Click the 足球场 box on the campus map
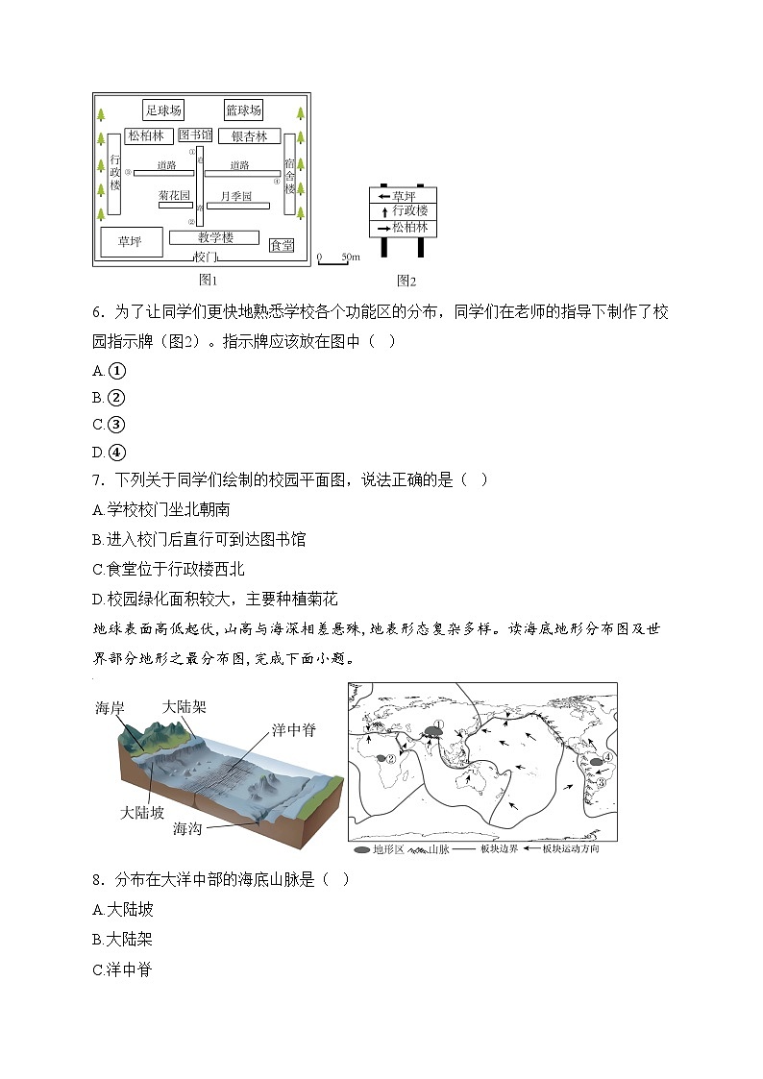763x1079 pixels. coord(163,110)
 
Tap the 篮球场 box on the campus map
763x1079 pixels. coord(243,110)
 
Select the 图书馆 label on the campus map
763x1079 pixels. coord(196,135)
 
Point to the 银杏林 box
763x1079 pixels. coord(249,136)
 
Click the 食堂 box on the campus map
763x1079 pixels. coord(283,246)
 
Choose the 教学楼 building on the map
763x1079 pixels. coord(214,237)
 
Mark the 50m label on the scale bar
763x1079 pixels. coord(350,257)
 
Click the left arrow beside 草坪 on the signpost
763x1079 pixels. coord(383,196)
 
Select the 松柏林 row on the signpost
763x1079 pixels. coord(403,228)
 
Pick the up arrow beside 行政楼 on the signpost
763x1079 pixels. coord(384,211)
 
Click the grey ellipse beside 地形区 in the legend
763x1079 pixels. coord(361,849)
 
